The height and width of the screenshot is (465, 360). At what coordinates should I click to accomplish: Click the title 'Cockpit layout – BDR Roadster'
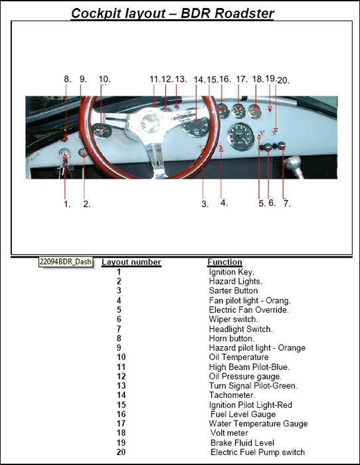click(172, 13)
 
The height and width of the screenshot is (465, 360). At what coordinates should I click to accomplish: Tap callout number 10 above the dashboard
click(104, 79)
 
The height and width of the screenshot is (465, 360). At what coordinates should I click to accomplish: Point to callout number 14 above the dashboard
click(199, 80)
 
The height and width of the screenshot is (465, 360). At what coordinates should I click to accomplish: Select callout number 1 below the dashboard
click(67, 204)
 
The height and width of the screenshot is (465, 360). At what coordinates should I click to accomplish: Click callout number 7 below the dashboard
click(287, 203)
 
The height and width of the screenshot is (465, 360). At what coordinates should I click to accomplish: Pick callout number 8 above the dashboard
click(68, 79)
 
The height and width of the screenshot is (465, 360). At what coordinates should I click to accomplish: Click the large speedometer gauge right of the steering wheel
click(242, 136)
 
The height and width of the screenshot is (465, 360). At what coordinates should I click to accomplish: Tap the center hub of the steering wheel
click(150, 122)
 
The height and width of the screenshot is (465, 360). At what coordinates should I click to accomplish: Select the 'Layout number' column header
click(132, 262)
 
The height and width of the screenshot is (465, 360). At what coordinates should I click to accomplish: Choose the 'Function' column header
click(225, 262)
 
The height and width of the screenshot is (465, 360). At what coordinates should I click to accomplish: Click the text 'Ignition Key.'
click(232, 272)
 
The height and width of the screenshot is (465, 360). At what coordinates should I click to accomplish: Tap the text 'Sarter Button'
click(233, 291)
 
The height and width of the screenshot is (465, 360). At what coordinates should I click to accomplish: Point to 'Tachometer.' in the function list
click(232, 395)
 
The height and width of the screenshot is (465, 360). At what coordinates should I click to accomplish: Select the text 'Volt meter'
click(229, 433)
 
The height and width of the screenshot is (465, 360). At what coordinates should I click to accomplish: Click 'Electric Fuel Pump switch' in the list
click(258, 452)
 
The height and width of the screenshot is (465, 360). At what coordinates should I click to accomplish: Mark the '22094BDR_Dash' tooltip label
click(66, 262)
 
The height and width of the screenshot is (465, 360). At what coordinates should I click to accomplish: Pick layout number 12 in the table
click(122, 377)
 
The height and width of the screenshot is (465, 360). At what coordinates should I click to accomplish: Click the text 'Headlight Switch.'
click(241, 329)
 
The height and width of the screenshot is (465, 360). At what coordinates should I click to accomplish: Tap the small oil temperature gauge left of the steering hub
click(102, 130)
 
